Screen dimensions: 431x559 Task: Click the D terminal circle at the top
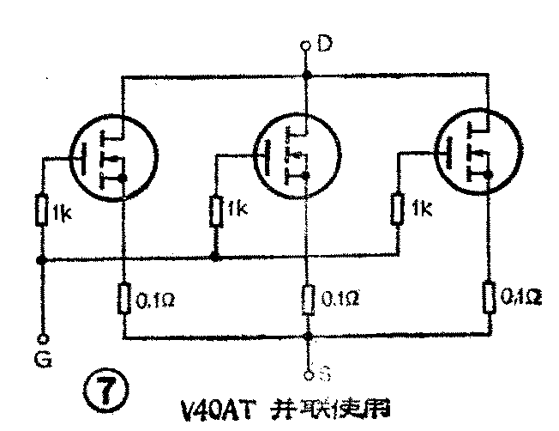[x=305, y=46]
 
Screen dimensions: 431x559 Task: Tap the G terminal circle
[x=40, y=338]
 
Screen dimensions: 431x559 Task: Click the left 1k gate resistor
[x=41, y=209]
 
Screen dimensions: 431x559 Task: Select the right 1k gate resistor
[x=398, y=209]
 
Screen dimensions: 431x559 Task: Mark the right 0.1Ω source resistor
[x=490, y=296]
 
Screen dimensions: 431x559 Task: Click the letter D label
[x=325, y=43]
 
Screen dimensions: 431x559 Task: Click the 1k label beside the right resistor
[x=422, y=209]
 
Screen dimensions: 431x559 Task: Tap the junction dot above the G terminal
[x=40, y=260]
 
